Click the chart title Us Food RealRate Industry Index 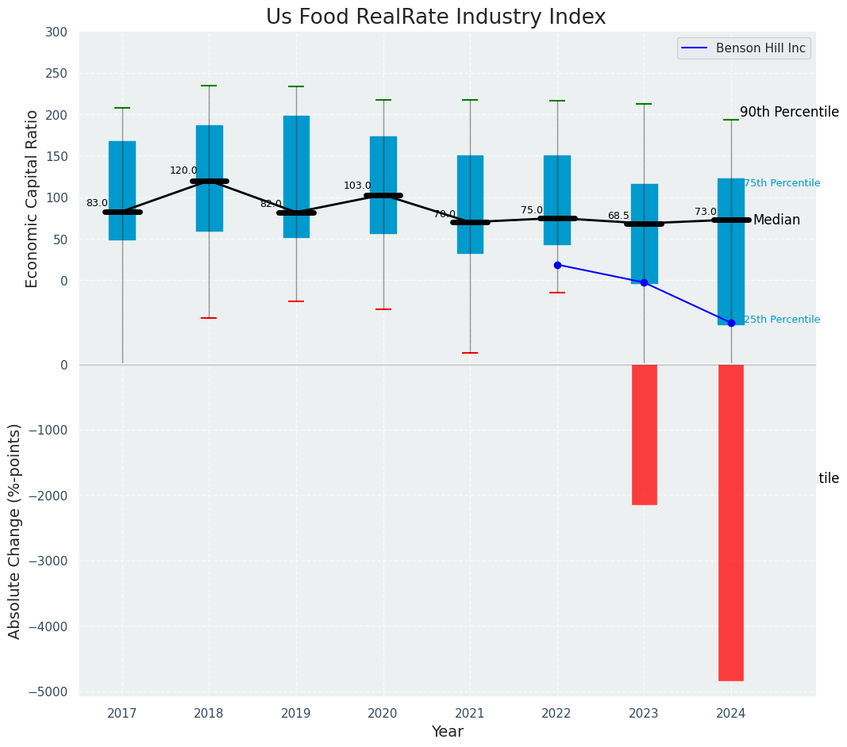436,17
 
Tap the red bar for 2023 644,434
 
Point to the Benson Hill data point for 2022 557,265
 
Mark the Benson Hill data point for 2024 731,323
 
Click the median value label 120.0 183,170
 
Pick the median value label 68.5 618,216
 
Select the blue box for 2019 296,176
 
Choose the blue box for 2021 470,204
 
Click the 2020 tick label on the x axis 383,714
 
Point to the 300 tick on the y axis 57,32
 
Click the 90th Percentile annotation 789,112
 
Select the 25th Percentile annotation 781,320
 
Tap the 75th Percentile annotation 781,183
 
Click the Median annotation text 776,220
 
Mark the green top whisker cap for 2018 209,86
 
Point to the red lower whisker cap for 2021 470,353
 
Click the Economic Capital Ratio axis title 33,198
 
